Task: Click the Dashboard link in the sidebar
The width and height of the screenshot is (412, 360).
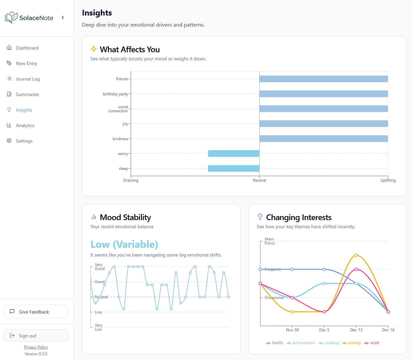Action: click(x=27, y=48)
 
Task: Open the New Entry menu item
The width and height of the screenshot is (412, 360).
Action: click(x=26, y=63)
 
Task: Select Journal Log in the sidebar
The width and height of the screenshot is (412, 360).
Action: click(x=28, y=79)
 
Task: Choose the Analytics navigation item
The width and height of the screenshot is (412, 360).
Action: click(x=25, y=125)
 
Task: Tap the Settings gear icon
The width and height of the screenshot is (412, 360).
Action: click(x=9, y=141)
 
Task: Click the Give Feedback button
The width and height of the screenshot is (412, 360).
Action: click(x=36, y=312)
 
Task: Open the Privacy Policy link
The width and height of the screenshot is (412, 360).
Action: click(x=36, y=347)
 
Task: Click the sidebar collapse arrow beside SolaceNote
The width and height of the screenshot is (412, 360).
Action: click(x=63, y=18)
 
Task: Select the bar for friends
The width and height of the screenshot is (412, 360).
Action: click(x=323, y=79)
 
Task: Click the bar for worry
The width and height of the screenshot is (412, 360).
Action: click(x=234, y=154)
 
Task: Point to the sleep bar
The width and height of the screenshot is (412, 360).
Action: click(x=234, y=169)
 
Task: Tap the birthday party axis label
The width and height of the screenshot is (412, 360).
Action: click(x=115, y=94)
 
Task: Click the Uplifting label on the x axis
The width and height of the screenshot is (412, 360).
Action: click(x=388, y=180)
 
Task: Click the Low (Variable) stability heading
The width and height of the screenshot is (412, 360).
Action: click(x=124, y=244)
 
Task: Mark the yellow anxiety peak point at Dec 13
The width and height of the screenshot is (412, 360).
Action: click(x=356, y=255)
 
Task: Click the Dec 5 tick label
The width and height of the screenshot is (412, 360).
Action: click(x=324, y=330)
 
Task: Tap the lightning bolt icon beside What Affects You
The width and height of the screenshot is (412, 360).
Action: click(x=94, y=49)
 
